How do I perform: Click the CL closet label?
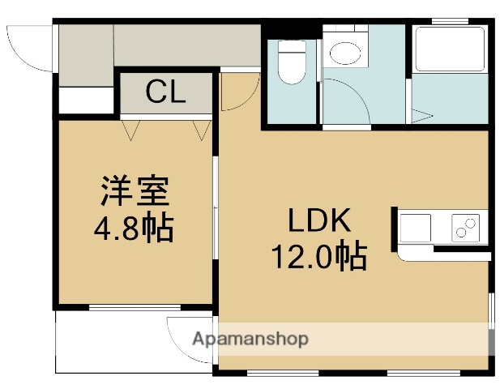[165, 92]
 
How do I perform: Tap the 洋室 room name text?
[135, 190]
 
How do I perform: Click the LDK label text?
[319, 220]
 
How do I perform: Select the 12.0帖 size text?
[318, 256]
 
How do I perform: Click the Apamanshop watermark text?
[250, 339]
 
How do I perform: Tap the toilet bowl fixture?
[292, 62]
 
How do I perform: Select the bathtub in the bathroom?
[450, 49]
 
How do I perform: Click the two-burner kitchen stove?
[466, 228]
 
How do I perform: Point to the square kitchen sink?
[415, 228]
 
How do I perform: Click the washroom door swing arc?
[357, 92]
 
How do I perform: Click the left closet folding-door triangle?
[131, 130]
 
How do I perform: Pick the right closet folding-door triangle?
[202, 130]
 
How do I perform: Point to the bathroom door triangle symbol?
[421, 116]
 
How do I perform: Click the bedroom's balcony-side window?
[135, 307]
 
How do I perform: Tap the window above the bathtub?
[450, 21]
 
